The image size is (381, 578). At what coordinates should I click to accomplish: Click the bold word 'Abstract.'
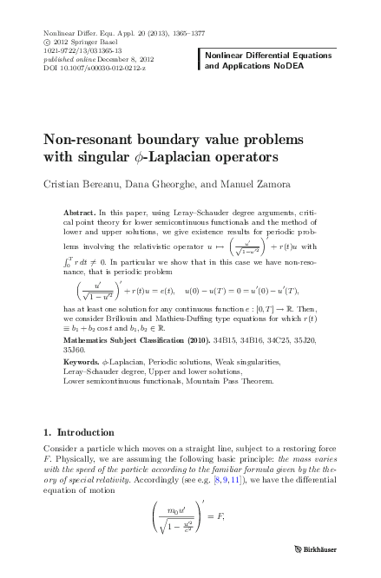tap(82, 212)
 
